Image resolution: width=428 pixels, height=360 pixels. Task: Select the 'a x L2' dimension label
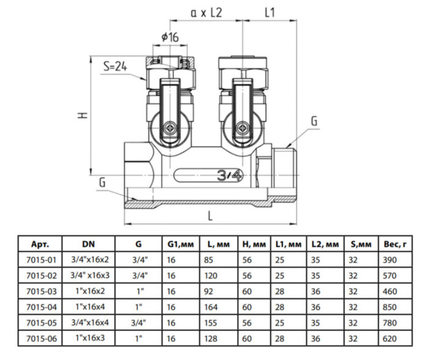click(207, 12)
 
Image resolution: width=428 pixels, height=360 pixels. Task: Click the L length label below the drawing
click(210, 215)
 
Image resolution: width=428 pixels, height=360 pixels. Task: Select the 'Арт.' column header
click(37, 244)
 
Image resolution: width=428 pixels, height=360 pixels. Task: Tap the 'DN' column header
click(89, 244)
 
